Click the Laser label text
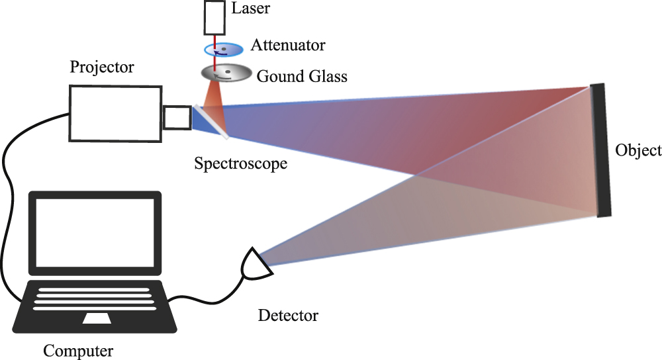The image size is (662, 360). click(252, 9)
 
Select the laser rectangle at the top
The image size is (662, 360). click(215, 18)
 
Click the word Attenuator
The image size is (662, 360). click(288, 46)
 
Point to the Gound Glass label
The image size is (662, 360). click(301, 76)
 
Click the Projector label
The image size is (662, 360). click(102, 67)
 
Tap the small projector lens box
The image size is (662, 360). click(177, 117)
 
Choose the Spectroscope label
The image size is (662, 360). click(240, 163)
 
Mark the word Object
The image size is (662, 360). click(638, 150)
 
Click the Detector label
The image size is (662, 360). click(287, 316)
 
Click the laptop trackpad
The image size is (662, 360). click(97, 318)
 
